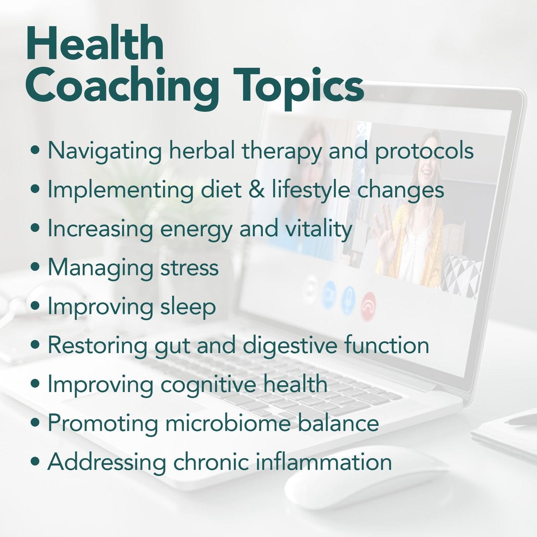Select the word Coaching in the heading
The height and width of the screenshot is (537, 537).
122,87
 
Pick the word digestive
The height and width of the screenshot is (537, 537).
289,346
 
